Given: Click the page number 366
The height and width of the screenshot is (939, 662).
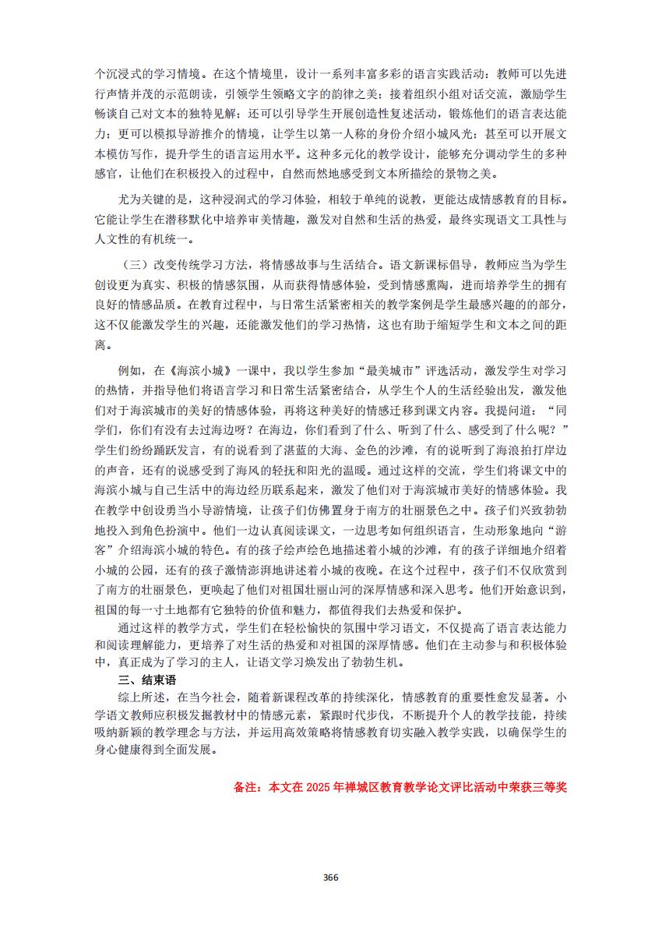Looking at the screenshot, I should [330, 877].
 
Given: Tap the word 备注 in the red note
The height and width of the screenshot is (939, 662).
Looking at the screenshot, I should [246, 786].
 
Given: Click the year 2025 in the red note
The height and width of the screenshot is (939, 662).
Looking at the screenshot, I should [318, 786].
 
